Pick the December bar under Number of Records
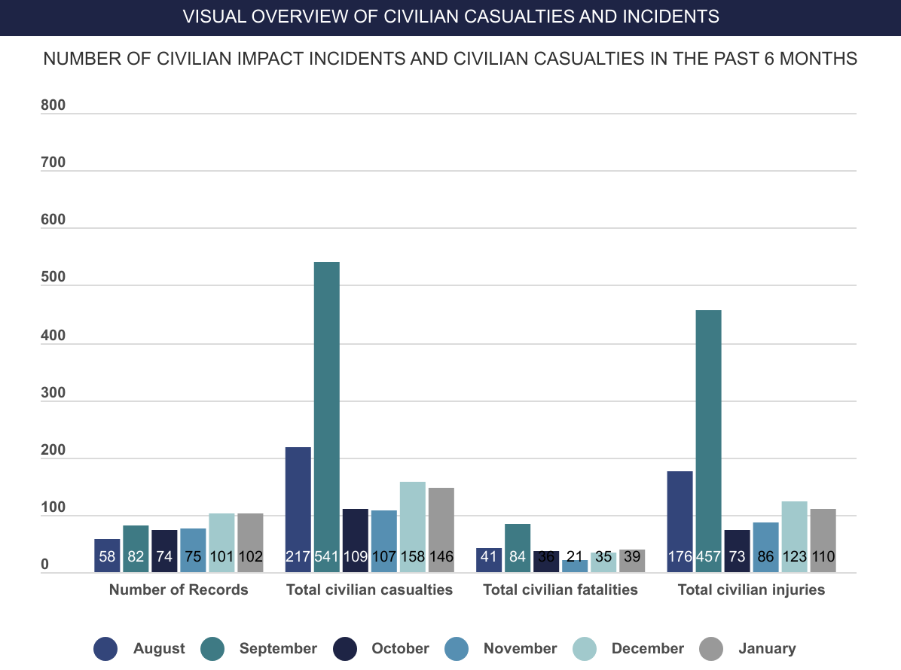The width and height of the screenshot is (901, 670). [x=221, y=543]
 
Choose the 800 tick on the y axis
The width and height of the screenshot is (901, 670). [x=53, y=105]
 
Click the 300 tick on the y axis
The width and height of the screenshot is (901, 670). [x=53, y=393]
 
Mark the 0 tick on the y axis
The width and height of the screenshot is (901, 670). [x=44, y=565]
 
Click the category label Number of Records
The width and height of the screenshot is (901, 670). [x=179, y=589]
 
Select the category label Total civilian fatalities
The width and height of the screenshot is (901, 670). [x=560, y=589]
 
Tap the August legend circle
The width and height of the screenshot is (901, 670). [x=105, y=649]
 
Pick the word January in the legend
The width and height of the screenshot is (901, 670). [x=767, y=649]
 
